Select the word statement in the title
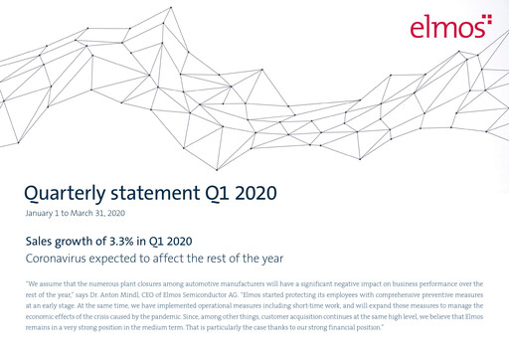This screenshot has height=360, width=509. (x=168, y=191)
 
